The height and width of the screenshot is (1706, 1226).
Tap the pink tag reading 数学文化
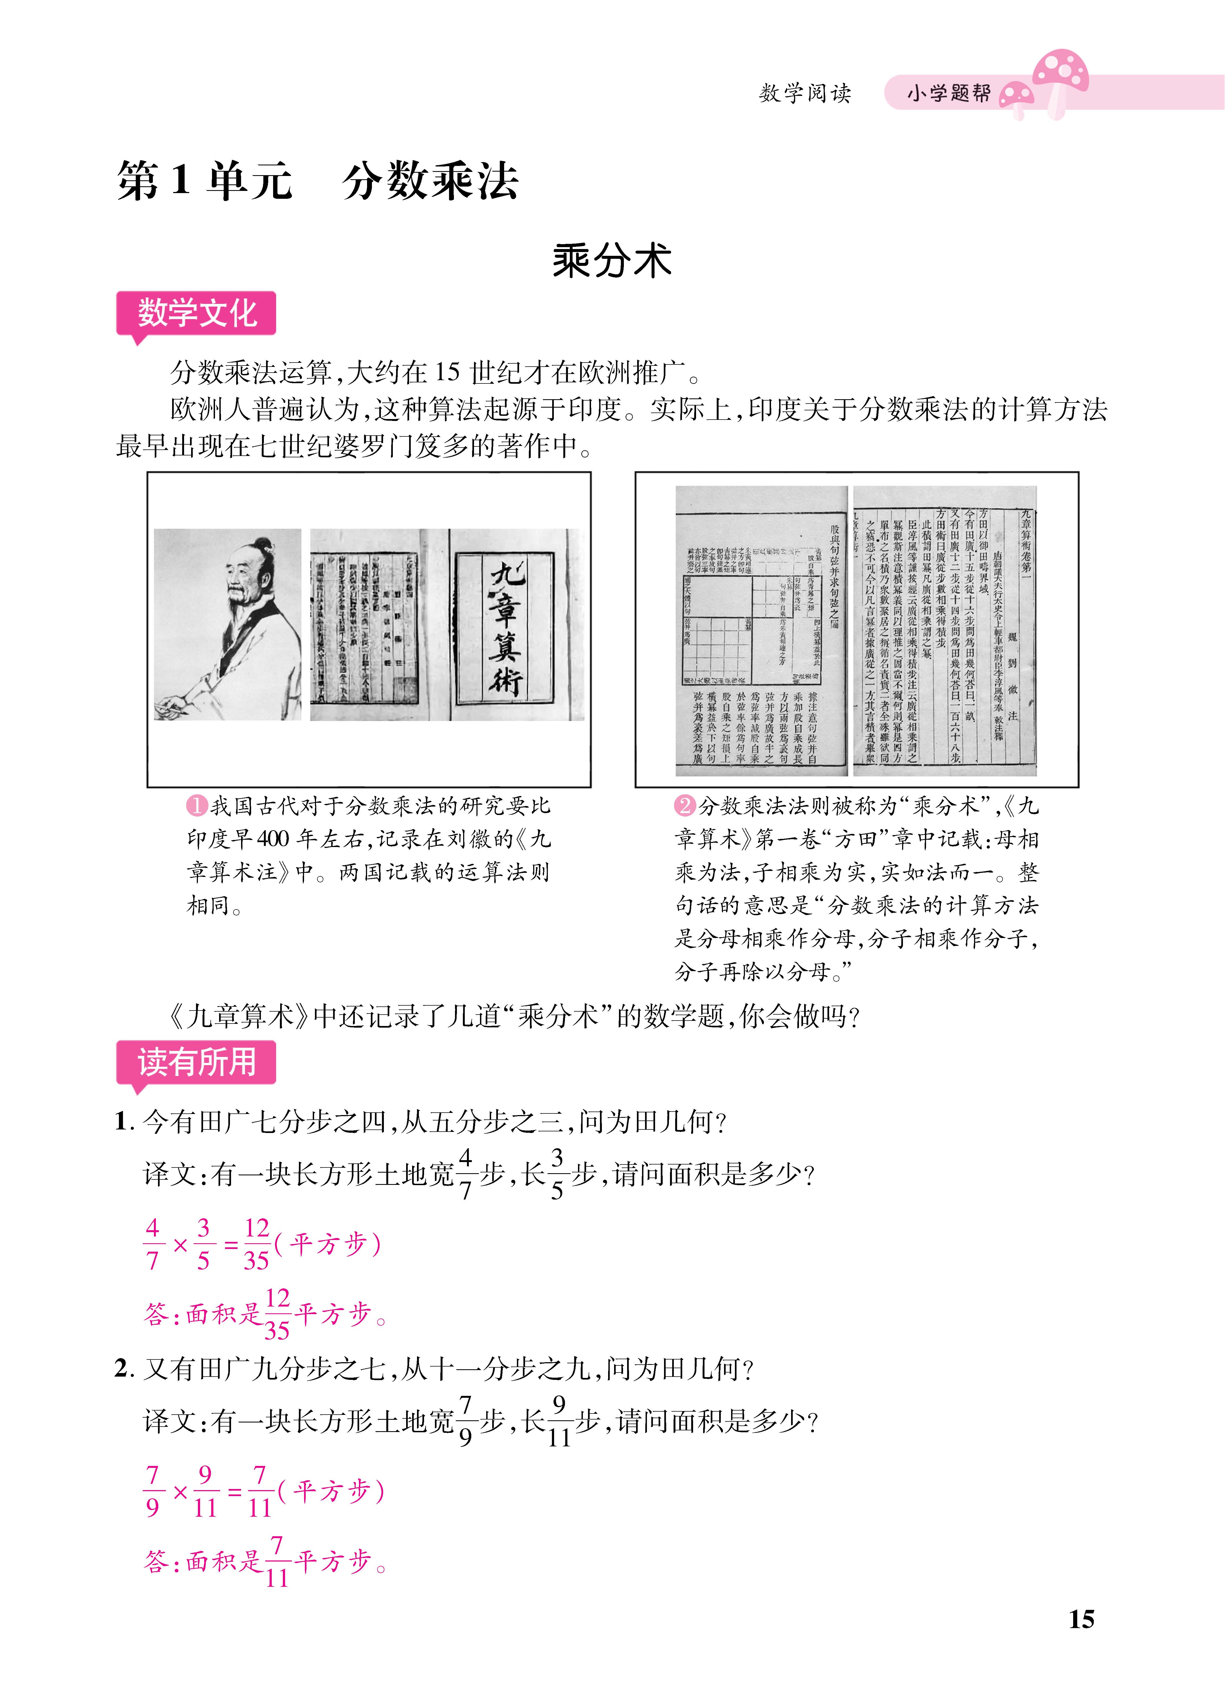click(196, 313)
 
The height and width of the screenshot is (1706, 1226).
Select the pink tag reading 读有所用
click(196, 1062)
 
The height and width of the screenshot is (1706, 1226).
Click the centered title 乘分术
click(611, 261)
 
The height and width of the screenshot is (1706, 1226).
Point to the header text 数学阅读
click(805, 93)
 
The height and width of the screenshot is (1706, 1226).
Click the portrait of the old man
click(228, 624)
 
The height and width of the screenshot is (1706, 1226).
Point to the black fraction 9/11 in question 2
click(558, 1420)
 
